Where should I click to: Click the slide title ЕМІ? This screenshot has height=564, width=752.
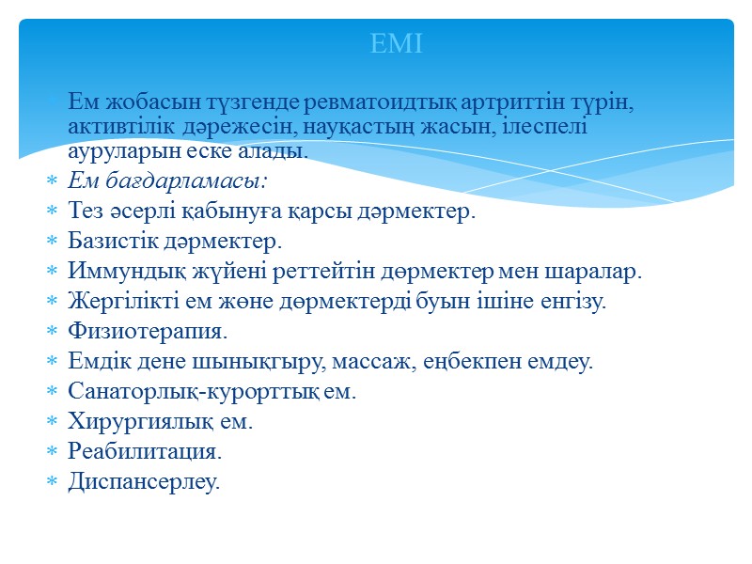[396, 43]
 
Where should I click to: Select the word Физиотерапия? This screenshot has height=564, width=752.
[148, 332]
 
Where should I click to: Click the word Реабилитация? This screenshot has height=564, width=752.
[145, 452]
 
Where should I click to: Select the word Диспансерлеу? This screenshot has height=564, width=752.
[144, 482]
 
